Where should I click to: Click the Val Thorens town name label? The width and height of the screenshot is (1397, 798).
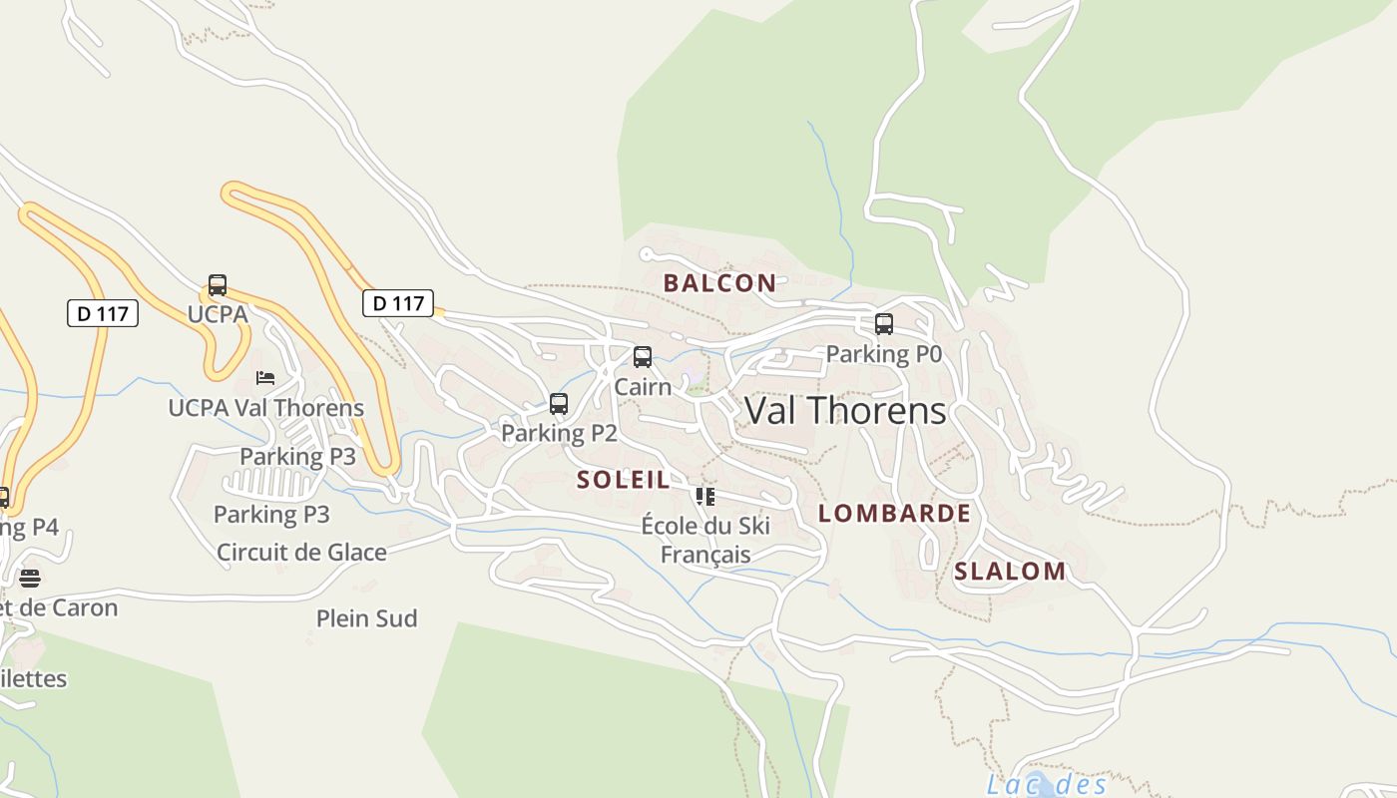tap(845, 411)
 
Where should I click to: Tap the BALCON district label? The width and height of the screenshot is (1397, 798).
tap(719, 283)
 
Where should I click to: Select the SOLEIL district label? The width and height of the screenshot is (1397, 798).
tap(624, 480)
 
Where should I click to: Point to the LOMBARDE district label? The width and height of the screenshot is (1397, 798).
tap(894, 514)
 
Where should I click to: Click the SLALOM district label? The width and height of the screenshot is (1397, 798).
tap(1010, 572)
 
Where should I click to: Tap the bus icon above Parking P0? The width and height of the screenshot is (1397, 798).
tap(884, 324)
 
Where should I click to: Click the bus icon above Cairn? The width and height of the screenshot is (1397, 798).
tap(643, 357)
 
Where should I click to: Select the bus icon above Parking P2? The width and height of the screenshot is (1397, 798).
tap(559, 404)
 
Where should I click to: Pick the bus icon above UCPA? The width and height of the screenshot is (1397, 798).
tap(218, 285)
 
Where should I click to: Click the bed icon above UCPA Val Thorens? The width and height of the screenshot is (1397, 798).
tap(265, 378)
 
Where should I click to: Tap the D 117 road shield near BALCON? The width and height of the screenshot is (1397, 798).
tap(398, 303)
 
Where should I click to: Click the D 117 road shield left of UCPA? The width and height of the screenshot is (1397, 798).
tap(103, 313)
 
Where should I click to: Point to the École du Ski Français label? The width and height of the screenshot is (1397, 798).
tap(705, 540)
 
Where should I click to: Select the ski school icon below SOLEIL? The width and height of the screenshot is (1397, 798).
tap(705, 496)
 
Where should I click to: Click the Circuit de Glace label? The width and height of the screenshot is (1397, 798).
tap(301, 552)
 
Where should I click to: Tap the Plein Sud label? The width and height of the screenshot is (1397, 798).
tap(366, 618)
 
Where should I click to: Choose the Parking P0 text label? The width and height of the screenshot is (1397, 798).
tap(883, 354)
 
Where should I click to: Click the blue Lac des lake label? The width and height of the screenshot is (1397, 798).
tap(1047, 784)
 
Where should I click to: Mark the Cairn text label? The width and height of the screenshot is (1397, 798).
tap(643, 386)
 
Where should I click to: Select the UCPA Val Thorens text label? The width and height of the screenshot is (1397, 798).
tap(265, 408)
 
